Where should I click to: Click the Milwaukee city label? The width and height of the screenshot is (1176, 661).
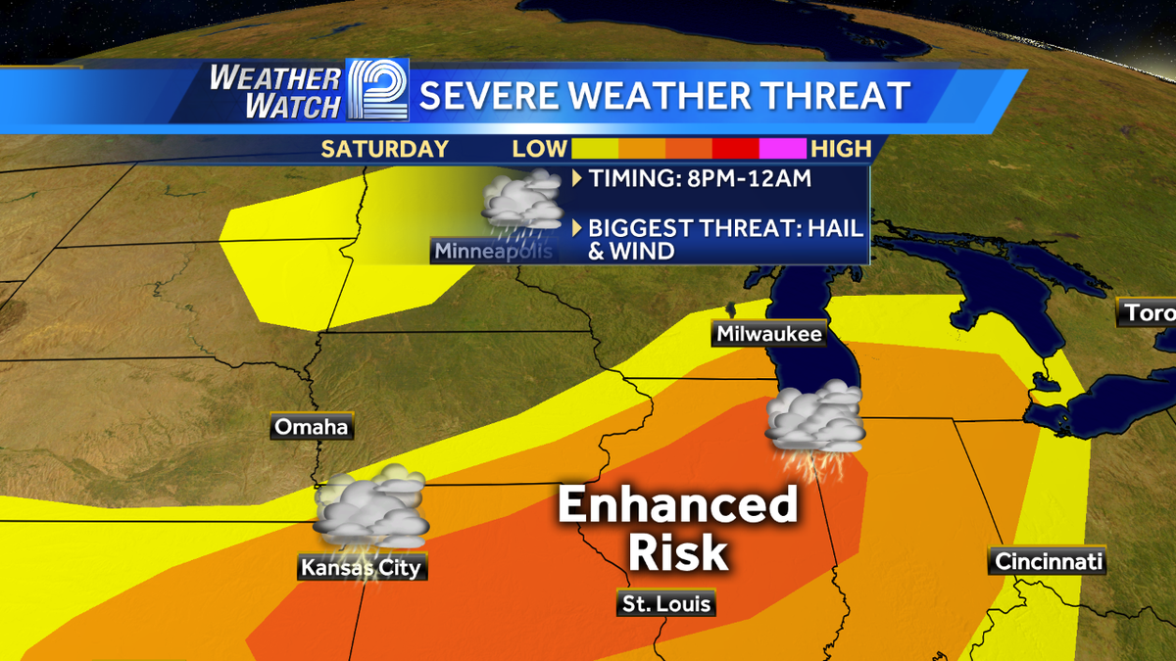tap(769, 334)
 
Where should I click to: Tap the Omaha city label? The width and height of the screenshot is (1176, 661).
tap(312, 427)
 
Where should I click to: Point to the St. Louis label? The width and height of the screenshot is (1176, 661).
tap(665, 603)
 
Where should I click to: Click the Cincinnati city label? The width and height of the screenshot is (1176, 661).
tap(1049, 561)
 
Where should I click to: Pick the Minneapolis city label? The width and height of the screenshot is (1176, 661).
tap(493, 251)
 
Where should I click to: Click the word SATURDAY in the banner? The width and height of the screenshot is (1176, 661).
tap(384, 149)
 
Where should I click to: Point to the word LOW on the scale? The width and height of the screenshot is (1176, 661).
tap(540, 149)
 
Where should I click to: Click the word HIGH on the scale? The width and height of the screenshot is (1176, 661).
tap(841, 149)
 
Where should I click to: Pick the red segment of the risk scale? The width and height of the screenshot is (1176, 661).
tap(736, 149)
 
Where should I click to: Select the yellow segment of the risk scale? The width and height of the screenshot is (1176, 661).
tap(594, 149)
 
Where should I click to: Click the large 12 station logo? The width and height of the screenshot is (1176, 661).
tap(378, 94)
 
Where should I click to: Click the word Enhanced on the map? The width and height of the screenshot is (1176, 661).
tap(678, 506)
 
